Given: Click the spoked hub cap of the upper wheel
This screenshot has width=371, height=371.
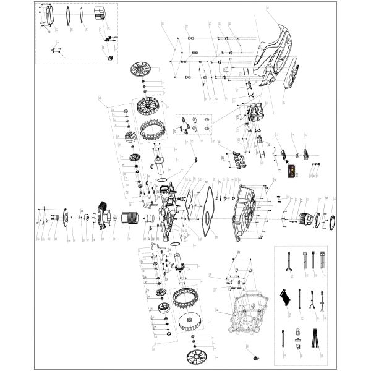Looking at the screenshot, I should pyautogui.click(x=142, y=70).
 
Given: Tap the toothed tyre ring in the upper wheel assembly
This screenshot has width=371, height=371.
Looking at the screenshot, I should pyautogui.click(x=152, y=129).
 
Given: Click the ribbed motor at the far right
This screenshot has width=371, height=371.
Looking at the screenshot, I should pyautogui.click(x=307, y=218).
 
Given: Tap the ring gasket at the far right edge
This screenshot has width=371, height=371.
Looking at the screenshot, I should pyautogui.click(x=330, y=221).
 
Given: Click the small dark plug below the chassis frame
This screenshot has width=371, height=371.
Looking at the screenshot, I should pyautogui.click(x=252, y=359).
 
